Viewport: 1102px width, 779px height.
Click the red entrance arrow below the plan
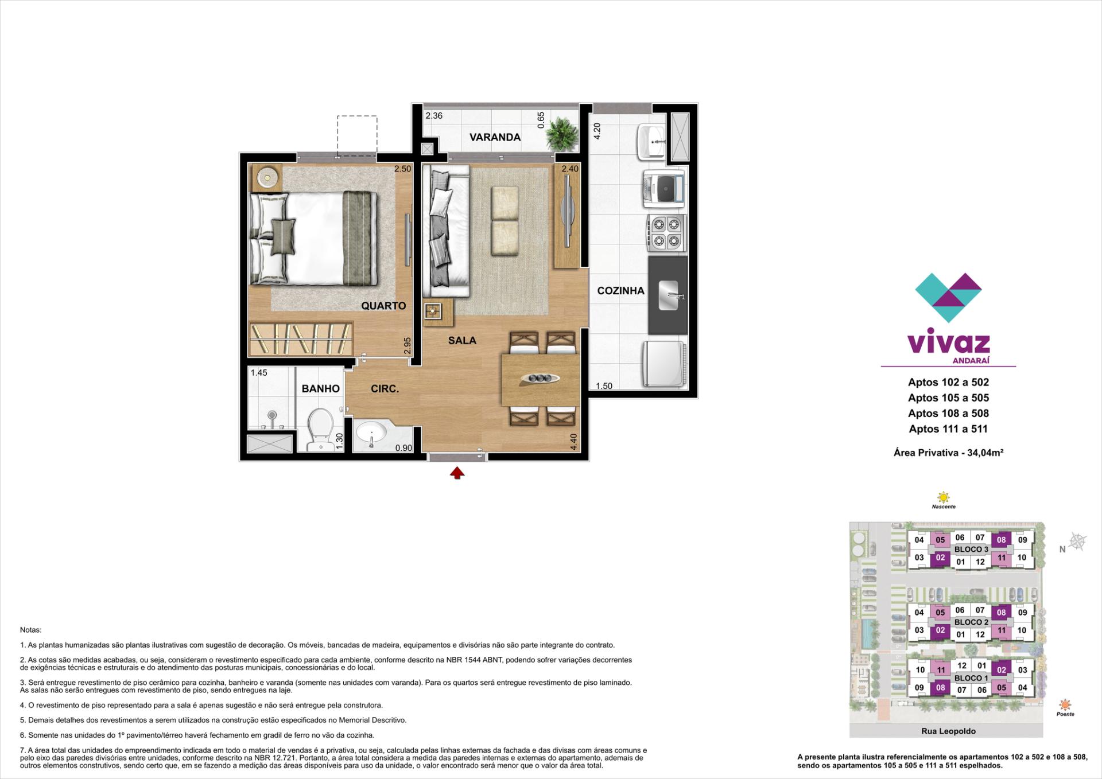coord(457,473)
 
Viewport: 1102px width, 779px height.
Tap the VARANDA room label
coord(495,137)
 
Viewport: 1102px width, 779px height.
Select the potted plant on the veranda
coord(561,133)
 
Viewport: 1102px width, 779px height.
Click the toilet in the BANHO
coord(320,429)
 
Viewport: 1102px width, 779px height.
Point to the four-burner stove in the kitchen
coord(666,232)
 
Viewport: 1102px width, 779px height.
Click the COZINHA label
coord(620,291)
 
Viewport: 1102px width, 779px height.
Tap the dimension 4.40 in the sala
coord(573,441)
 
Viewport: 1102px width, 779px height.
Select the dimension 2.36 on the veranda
coord(434,116)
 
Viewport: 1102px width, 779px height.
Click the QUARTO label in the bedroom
coord(383,306)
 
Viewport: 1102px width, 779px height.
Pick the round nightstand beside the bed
coord(267,177)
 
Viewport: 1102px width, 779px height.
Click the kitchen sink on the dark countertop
coord(669,295)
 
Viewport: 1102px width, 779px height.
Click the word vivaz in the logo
coord(948,342)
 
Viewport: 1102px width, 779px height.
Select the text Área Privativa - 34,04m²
coord(948,453)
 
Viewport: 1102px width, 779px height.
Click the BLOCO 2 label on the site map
coord(971,622)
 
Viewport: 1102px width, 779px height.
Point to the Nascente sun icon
coord(943,497)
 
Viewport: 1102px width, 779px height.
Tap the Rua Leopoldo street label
coord(948,731)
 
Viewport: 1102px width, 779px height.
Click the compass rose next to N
coord(1078,542)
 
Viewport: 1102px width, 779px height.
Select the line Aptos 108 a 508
coord(948,413)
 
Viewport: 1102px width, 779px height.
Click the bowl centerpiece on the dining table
coord(540,378)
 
